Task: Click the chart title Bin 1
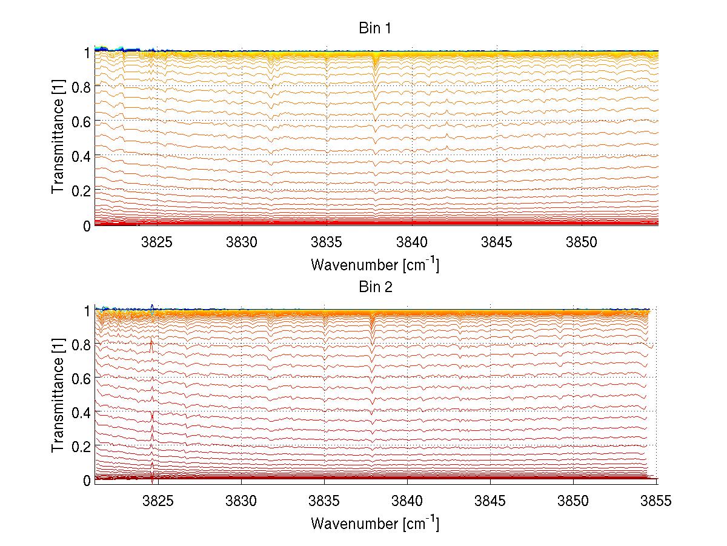click(x=376, y=28)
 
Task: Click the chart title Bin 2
click(x=376, y=287)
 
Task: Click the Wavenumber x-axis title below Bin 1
click(x=375, y=264)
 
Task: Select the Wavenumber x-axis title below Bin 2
click(x=375, y=522)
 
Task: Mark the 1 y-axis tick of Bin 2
click(x=87, y=310)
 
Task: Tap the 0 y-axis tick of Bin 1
click(x=87, y=225)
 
